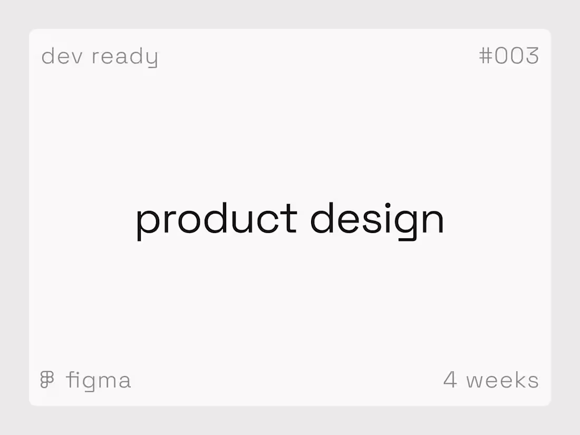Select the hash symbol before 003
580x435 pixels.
tap(485, 55)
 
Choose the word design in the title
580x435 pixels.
tap(377, 219)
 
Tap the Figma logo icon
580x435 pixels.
tap(47, 380)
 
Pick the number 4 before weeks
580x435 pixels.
tap(450, 380)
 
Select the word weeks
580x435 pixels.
tap(502, 380)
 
